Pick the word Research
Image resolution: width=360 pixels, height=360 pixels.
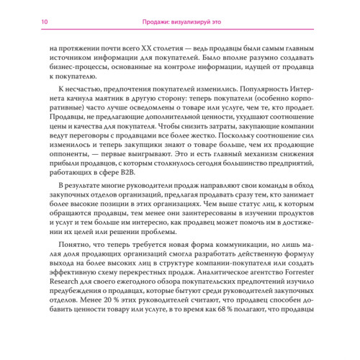pyautogui.click(x=64, y=296)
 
